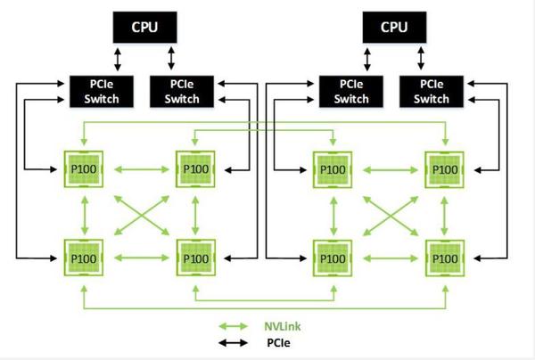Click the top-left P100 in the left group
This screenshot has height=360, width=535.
point(85,168)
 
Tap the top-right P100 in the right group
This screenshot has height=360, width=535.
point(443,168)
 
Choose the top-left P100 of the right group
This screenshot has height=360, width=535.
point(333,168)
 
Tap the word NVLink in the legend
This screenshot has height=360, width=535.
point(284,326)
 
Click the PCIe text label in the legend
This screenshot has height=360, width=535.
point(278,341)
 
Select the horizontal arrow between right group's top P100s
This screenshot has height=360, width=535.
point(388,168)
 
